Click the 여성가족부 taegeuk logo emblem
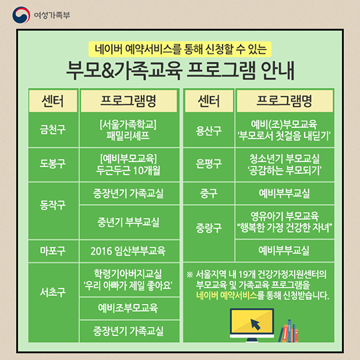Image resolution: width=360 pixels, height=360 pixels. [21, 15]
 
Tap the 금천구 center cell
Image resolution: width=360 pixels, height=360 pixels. [53, 130]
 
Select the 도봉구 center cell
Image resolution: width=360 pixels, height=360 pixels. [53, 165]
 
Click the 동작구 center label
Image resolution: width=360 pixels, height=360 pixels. [53, 205]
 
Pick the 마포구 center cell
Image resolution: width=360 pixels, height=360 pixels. [53, 251]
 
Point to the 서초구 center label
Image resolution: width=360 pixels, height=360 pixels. [53, 292]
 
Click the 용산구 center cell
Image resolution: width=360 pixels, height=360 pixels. [209, 130]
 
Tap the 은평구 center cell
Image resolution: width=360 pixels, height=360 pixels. [209, 165]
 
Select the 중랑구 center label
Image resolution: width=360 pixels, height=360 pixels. [209, 228]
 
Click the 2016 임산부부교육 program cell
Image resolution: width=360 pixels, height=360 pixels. [129, 251]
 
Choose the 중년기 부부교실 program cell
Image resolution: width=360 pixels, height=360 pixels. [129, 222]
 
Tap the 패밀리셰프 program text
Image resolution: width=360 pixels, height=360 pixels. [128, 136]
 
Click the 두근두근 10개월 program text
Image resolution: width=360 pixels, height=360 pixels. [128, 171]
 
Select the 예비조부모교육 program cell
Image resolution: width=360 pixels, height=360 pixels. [129, 308]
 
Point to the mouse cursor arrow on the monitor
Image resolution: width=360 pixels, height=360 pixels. [255, 324]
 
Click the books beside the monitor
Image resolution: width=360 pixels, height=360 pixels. [289, 331]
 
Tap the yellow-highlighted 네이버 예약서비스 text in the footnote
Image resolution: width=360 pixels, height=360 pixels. [227, 295]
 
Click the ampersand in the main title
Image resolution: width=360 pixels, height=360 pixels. [107, 71]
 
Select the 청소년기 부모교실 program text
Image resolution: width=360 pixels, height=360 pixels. [285, 159]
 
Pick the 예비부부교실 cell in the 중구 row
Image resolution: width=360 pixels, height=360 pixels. [285, 193]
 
